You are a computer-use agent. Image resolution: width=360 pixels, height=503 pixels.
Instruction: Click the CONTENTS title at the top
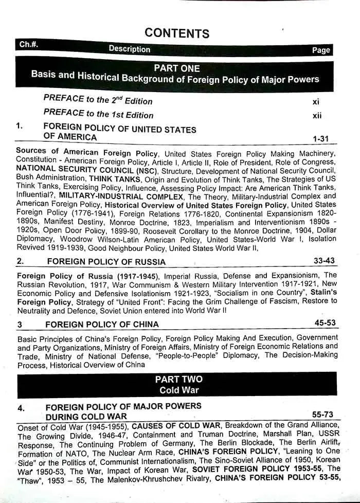[177, 33]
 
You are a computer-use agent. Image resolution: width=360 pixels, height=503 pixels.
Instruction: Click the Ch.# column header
[28, 44]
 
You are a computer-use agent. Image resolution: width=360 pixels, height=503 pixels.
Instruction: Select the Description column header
[130, 49]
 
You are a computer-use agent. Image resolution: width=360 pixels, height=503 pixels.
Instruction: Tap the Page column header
[321, 50]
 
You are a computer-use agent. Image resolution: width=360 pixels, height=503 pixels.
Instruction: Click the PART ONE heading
[177, 68]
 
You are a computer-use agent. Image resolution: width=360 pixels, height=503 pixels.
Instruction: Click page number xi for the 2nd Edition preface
[316, 102]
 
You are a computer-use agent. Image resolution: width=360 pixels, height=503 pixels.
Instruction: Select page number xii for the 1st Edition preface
[317, 116]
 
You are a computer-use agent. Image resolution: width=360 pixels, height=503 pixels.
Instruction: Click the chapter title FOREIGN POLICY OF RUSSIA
[106, 262]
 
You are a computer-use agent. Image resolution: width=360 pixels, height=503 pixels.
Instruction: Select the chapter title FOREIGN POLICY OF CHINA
[102, 324]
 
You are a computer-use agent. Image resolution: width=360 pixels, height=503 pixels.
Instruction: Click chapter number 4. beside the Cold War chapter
[21, 408]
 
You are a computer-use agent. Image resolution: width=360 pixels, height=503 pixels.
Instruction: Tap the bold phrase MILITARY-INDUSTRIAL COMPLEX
[122, 196]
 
